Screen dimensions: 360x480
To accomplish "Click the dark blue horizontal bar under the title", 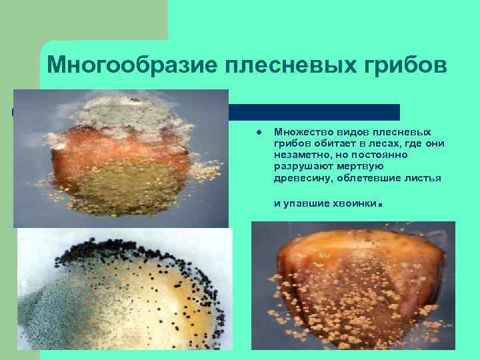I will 313,111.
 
